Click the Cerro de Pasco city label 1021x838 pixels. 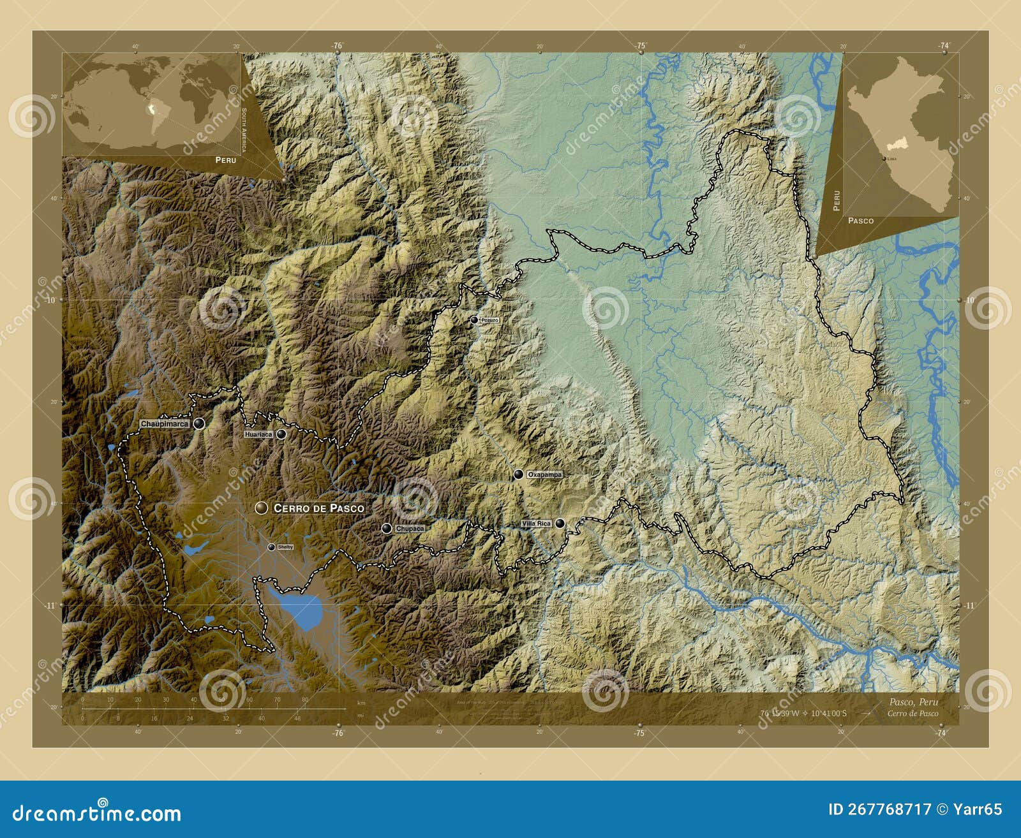tap(318, 508)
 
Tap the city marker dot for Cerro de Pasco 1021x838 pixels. tap(261, 508)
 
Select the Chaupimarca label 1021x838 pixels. tap(165, 423)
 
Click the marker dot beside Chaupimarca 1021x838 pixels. tap(200, 423)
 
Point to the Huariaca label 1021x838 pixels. tap(258, 434)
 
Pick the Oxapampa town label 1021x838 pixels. tap(545, 474)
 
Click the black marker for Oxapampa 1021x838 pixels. tap(518, 474)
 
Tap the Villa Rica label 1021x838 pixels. tap(536, 524)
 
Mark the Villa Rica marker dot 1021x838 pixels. tap(560, 524)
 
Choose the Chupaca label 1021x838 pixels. tap(409, 529)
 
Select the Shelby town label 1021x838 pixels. tap(285, 547)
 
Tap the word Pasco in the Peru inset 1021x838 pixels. tap(861, 220)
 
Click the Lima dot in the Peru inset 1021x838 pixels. tap(884, 158)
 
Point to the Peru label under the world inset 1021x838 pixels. tap(225, 159)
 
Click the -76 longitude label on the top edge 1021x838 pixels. tap(338, 45)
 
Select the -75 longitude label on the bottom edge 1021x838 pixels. tap(640, 733)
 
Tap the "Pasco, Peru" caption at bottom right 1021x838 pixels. tap(913, 702)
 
